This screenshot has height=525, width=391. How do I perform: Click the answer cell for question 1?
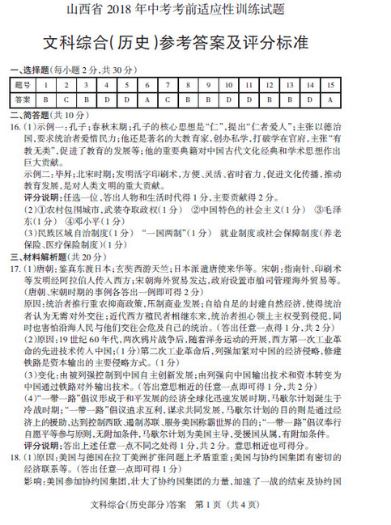tap(47, 98)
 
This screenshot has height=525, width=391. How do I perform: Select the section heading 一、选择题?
tap(33, 71)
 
